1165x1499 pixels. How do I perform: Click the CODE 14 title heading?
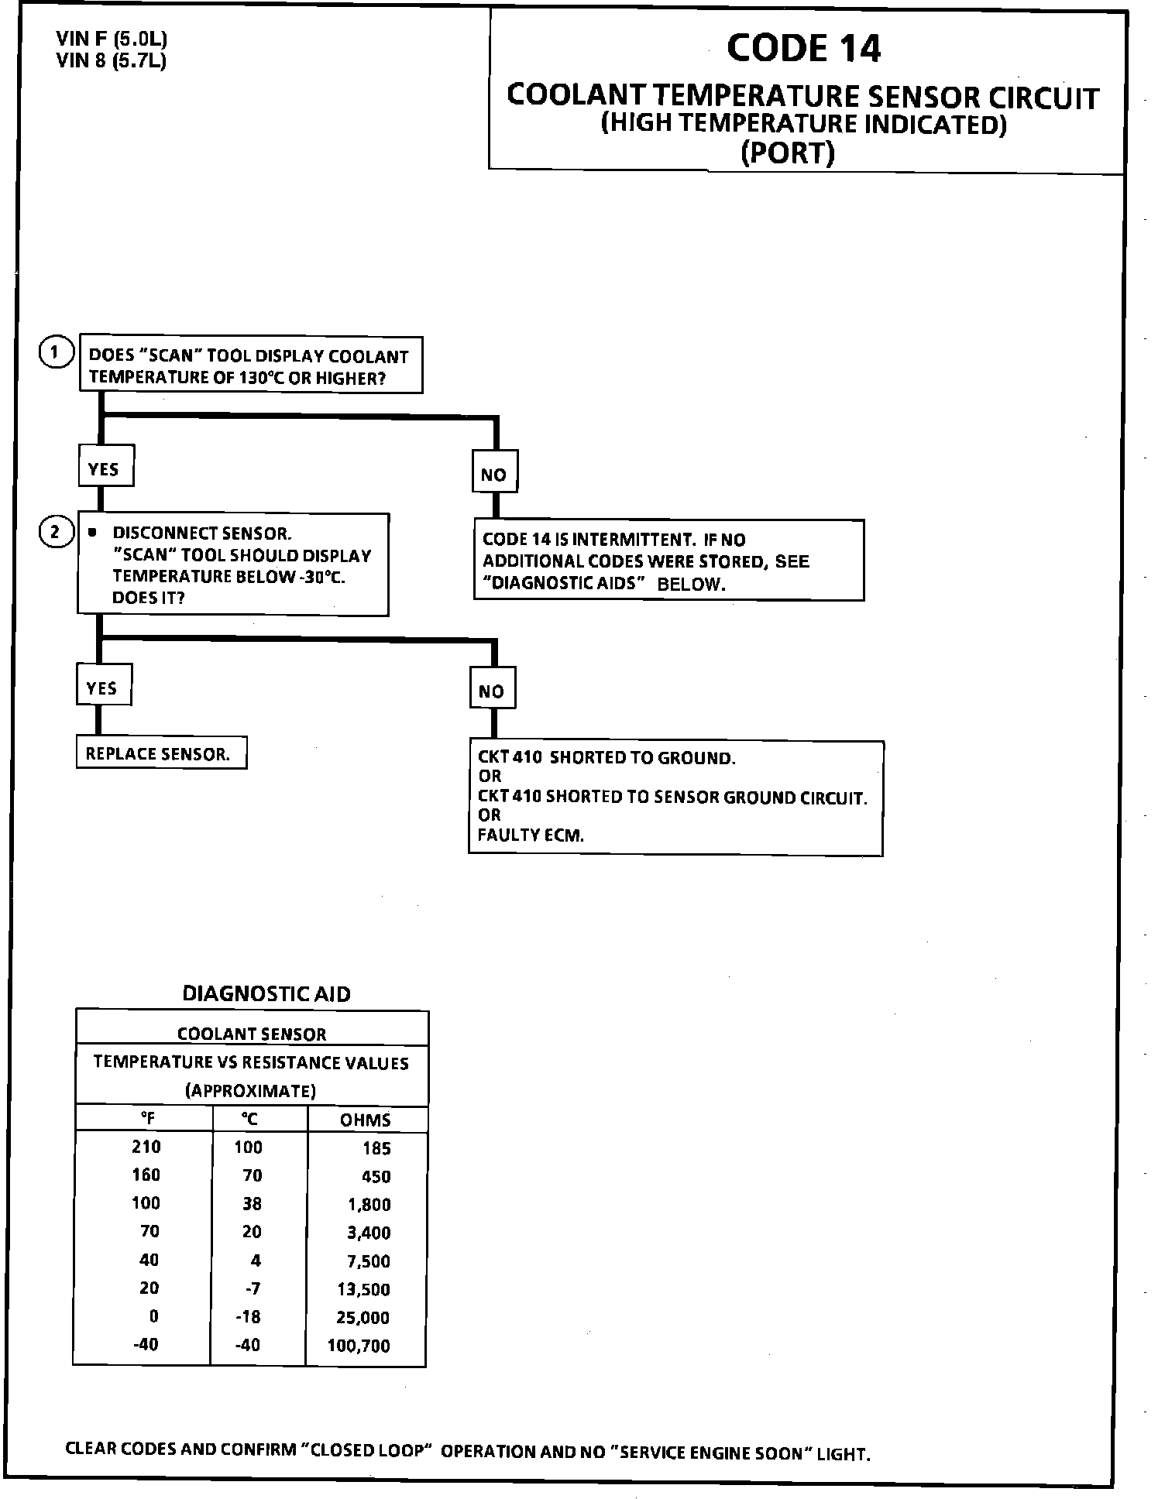(x=803, y=48)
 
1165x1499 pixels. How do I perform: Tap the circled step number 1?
(x=54, y=353)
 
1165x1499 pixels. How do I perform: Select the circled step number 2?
(x=55, y=533)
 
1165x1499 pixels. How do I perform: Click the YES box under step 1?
(x=105, y=469)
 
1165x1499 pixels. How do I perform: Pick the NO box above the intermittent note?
(x=494, y=475)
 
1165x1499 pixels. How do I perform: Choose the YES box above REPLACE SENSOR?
(x=103, y=688)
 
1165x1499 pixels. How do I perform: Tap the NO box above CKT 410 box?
(x=492, y=691)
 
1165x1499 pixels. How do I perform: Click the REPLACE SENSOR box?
(x=160, y=754)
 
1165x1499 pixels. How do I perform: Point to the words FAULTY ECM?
(x=531, y=835)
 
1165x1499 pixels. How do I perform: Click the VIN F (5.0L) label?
(x=112, y=39)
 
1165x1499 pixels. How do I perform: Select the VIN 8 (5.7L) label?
(x=112, y=60)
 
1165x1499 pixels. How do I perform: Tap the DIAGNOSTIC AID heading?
(x=266, y=994)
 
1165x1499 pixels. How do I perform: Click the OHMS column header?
(x=366, y=1120)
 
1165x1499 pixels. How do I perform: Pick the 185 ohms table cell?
(x=376, y=1148)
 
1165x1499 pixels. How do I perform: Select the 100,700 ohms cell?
(x=359, y=1346)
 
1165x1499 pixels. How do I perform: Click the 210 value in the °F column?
(x=146, y=1147)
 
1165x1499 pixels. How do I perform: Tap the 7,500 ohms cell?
(x=368, y=1261)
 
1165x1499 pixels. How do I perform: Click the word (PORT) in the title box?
(x=788, y=152)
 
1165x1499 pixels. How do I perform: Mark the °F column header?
(x=147, y=1119)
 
